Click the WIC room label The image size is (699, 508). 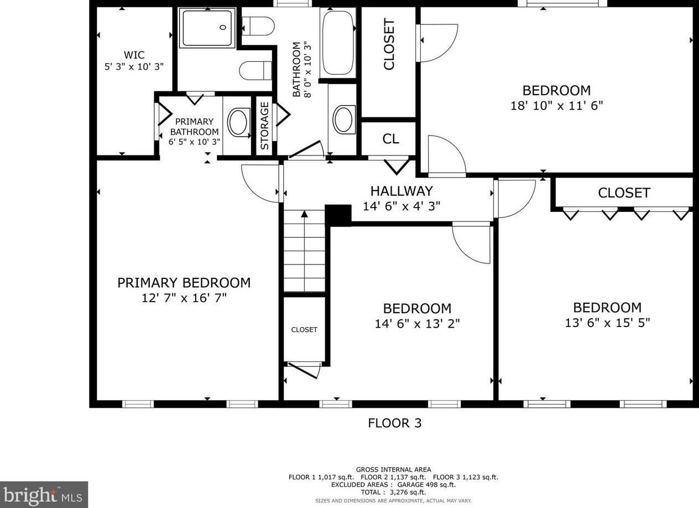pos(134,55)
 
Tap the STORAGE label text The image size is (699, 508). pos(264,126)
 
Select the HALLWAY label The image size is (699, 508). pos(401,191)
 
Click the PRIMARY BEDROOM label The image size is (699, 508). pos(184,283)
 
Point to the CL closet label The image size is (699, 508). pos(390,139)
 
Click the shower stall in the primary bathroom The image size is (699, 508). pos(207,28)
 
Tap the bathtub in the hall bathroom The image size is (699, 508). pos(338,43)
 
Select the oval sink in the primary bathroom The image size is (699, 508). pos(239,122)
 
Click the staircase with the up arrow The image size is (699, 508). pos(304,251)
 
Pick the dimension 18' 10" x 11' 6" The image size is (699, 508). pos(556,106)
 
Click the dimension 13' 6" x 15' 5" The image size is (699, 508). pos(607,323)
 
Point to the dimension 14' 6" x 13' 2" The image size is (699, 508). pos(417,324)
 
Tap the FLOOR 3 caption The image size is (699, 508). pos(394,423)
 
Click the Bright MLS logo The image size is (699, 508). pos(44,494)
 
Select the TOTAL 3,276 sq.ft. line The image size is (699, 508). pos(393,493)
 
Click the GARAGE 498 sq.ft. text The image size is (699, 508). pos(426,485)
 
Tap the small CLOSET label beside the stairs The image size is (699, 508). pos(304,330)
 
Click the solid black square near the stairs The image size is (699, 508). pos(338,215)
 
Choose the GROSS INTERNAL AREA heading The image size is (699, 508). pos(394,470)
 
